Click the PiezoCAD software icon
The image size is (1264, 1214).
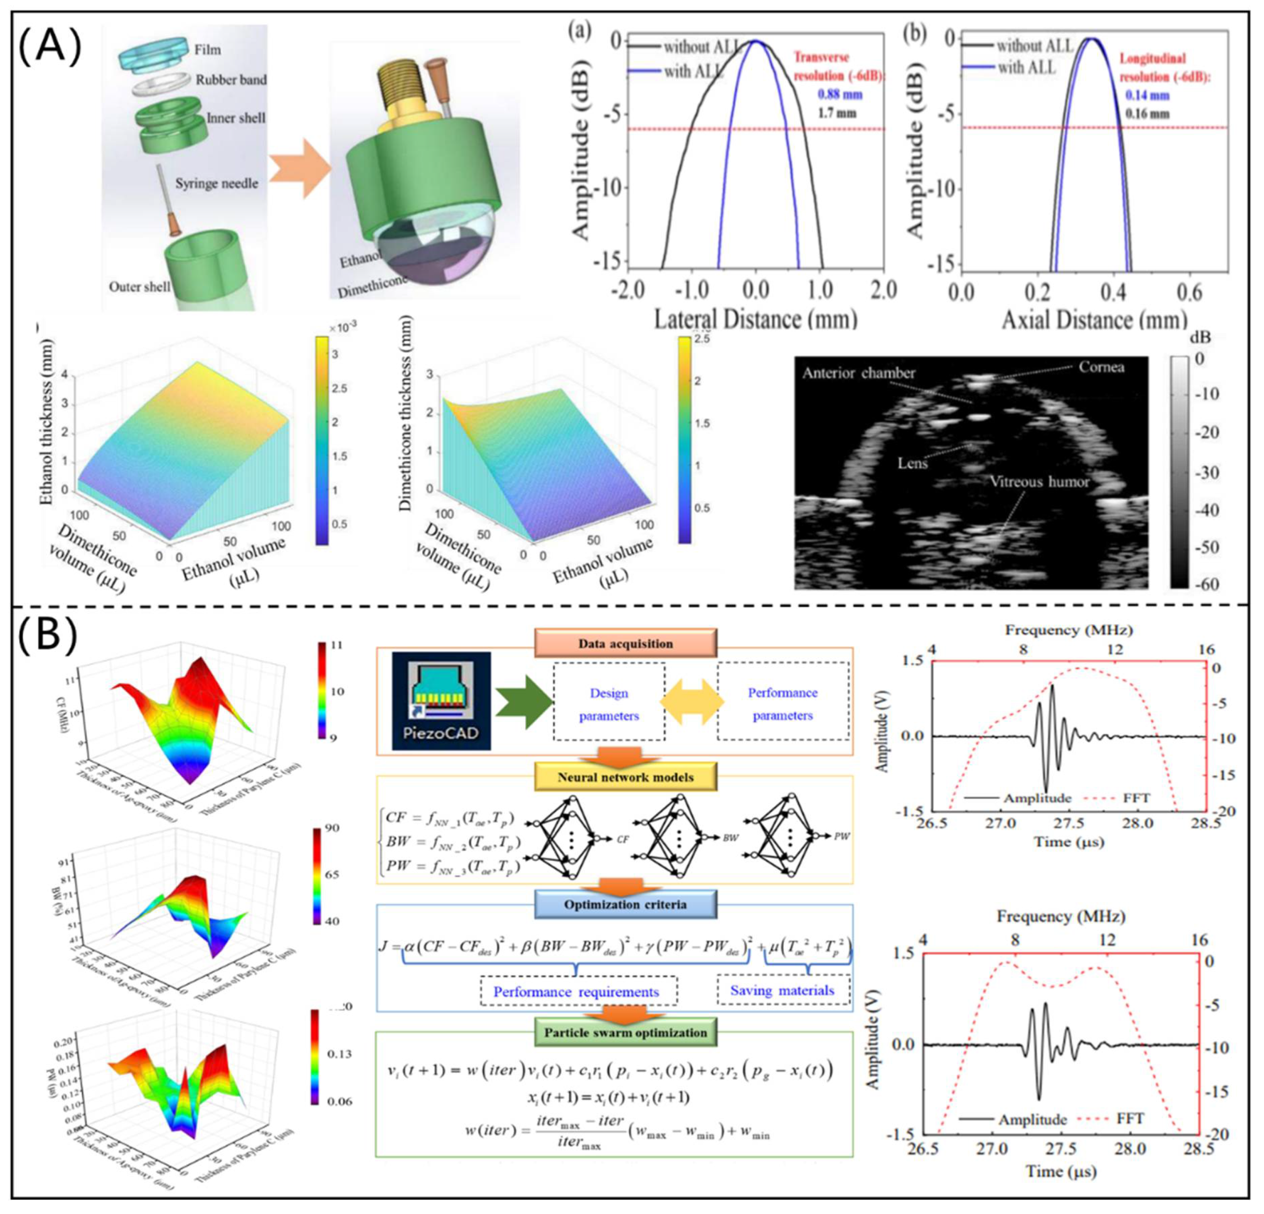(442, 700)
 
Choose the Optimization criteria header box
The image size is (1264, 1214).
(625, 904)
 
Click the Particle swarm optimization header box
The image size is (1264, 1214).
(625, 1032)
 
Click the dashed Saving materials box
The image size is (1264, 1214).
(782, 990)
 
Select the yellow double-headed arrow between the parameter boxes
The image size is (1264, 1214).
(691, 702)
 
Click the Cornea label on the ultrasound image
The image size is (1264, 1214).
(1101, 367)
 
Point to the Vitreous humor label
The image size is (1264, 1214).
(1039, 482)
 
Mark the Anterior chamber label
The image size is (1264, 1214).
(858, 373)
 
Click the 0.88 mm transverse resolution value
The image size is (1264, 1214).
(840, 95)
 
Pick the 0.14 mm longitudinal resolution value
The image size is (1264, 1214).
(1147, 95)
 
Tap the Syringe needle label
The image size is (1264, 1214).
(216, 183)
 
